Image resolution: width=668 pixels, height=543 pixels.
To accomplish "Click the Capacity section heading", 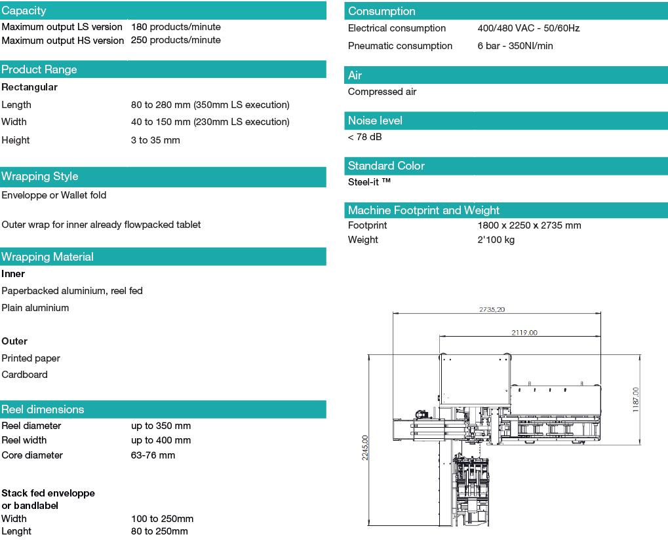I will (24, 10).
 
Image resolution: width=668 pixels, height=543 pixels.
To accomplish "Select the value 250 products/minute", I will (176, 40).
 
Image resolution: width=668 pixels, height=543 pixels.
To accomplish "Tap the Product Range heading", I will (39, 69).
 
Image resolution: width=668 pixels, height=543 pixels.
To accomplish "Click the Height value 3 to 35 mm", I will (155, 140).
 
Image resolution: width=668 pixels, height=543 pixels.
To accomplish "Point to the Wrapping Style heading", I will (40, 176).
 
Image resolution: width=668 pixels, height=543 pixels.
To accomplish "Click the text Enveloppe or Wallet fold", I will (54, 195).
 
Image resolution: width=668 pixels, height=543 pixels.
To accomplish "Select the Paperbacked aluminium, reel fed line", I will (72, 291).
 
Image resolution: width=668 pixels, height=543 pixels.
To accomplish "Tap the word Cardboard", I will (24, 375).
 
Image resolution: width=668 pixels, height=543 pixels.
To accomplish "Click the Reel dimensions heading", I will (43, 409).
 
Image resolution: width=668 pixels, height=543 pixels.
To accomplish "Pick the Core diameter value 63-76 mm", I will (153, 455).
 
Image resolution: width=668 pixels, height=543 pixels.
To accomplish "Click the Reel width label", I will (24, 440).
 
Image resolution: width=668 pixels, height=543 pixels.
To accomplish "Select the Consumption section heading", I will (382, 11).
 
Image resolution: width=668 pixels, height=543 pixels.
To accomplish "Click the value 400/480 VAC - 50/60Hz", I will (528, 28).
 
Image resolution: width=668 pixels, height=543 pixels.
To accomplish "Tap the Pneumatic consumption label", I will (400, 46).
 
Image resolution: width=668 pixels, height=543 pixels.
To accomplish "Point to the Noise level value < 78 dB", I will (365, 137).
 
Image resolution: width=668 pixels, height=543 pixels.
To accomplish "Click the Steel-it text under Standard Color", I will (369, 182).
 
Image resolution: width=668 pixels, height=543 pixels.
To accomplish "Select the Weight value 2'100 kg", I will (496, 240).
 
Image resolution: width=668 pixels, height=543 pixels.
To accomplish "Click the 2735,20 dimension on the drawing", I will (492, 309).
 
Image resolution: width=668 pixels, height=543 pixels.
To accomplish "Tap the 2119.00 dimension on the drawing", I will (524, 333).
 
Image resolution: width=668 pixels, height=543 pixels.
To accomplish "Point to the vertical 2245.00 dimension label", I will (365, 447).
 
